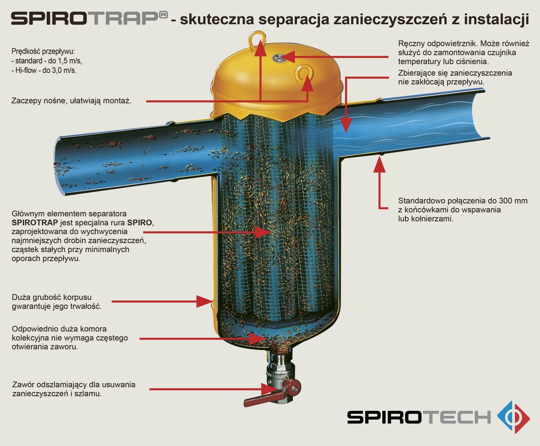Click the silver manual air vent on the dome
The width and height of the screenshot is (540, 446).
[x=278, y=58]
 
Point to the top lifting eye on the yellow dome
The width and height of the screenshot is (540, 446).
[x=257, y=37]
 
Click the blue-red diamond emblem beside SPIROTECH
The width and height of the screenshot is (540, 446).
[x=513, y=417]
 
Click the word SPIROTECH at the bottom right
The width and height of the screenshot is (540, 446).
[x=419, y=417]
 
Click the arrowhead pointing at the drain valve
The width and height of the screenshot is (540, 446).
[x=268, y=389]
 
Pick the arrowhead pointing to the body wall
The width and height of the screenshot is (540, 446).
[x=204, y=301]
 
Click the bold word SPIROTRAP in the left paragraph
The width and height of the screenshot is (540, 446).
[x=34, y=223]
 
